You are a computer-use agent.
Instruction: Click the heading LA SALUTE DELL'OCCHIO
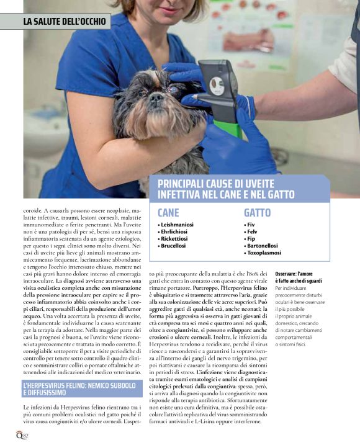(x=65, y=22)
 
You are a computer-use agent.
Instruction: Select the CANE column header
(x=168, y=212)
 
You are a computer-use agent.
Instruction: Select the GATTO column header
(x=258, y=212)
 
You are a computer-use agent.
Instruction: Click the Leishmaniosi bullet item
(x=177, y=224)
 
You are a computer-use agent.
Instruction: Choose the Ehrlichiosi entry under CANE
(x=175, y=231)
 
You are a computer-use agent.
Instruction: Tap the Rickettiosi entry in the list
(x=175, y=238)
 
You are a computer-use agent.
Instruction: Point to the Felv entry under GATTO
(x=251, y=231)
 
